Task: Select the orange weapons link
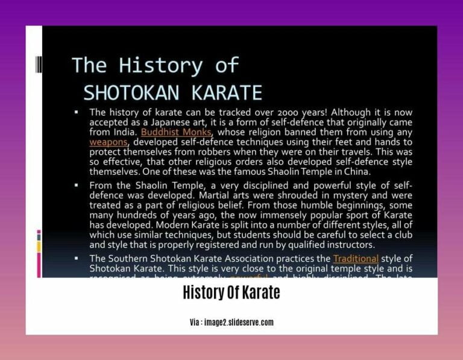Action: (x=109, y=141)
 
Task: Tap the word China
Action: (x=356, y=171)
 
